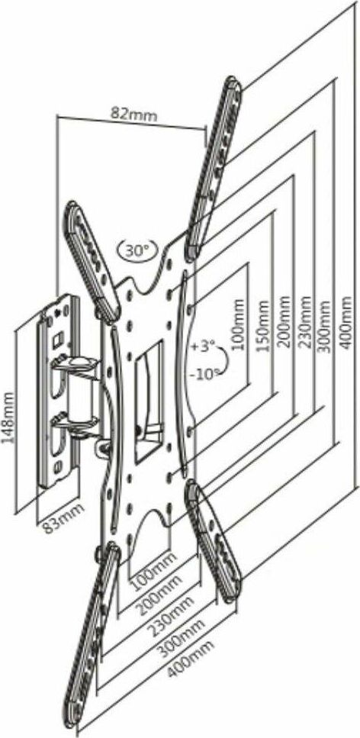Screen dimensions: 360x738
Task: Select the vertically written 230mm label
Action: click(305, 322)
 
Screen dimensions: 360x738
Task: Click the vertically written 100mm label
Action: click(239, 325)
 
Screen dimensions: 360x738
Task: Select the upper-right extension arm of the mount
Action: click(214, 169)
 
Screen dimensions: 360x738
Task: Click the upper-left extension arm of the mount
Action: click(92, 262)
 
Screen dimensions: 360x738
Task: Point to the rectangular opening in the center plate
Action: click(148, 400)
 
